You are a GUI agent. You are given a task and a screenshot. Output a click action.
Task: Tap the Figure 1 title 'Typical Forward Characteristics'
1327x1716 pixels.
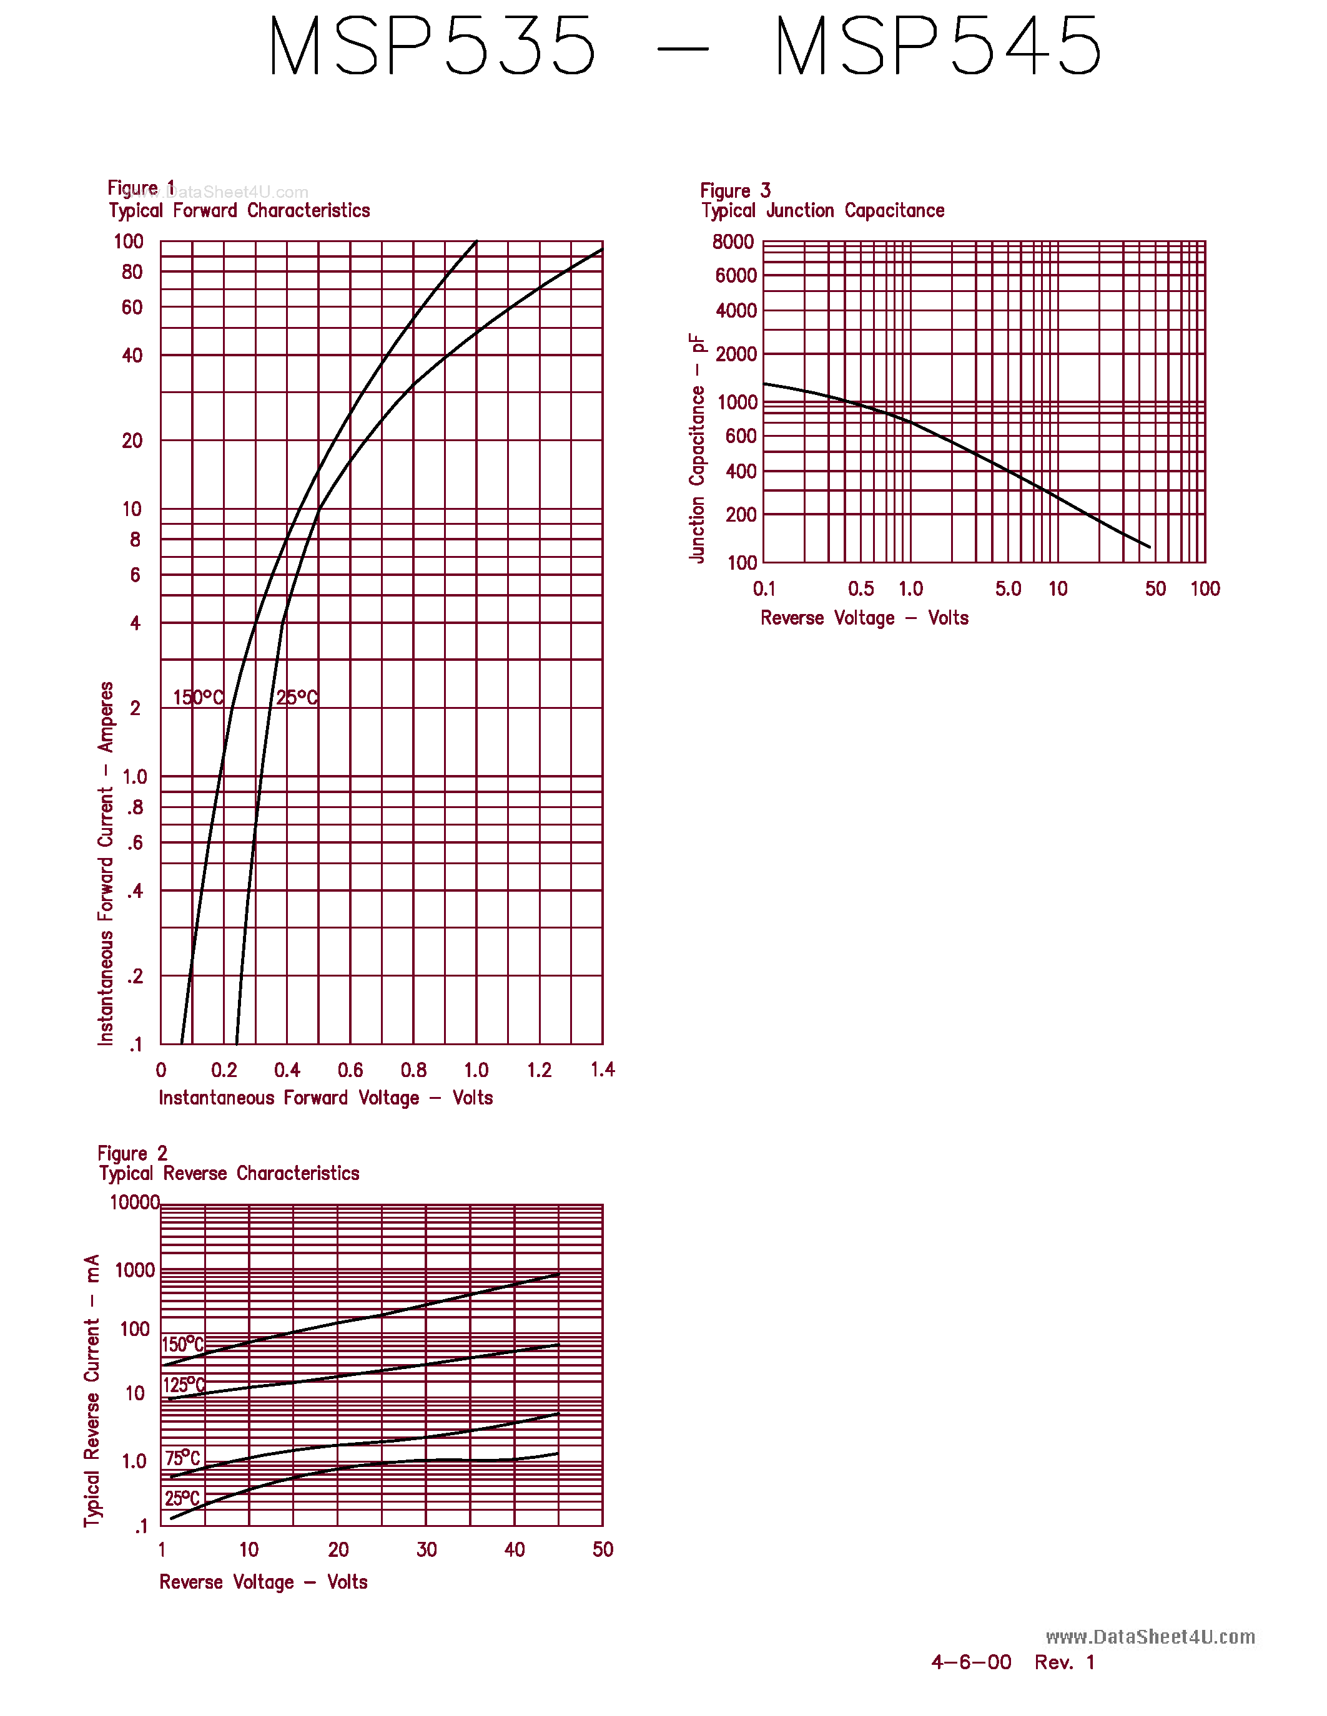239,210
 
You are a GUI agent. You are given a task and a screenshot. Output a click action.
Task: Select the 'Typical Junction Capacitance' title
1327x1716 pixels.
822,210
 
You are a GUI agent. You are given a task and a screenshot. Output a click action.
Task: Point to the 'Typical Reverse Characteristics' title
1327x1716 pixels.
229,1173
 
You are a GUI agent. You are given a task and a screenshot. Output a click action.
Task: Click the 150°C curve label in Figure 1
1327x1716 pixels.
198,697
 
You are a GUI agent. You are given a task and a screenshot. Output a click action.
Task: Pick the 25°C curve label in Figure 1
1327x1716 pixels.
297,697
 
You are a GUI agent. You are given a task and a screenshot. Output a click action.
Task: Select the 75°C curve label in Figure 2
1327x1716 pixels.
182,1458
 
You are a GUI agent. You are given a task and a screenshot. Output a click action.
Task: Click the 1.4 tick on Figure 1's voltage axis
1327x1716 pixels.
602,1070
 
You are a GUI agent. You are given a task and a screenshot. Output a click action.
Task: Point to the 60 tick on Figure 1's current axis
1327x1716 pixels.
132,307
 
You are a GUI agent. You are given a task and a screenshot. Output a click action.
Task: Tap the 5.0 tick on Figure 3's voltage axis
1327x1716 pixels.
1008,588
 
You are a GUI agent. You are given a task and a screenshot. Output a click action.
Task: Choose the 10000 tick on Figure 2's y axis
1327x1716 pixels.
134,1202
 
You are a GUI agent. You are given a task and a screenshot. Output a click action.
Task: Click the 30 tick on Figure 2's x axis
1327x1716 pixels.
426,1549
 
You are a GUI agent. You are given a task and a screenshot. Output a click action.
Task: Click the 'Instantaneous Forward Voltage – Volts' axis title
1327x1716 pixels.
325,1098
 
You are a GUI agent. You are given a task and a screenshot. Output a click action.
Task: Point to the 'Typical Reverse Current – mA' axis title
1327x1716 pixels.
92,1391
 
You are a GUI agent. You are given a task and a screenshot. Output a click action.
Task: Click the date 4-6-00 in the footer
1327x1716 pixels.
971,1662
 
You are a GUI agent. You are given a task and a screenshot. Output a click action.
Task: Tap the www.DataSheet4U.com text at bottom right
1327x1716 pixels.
1149,1637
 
